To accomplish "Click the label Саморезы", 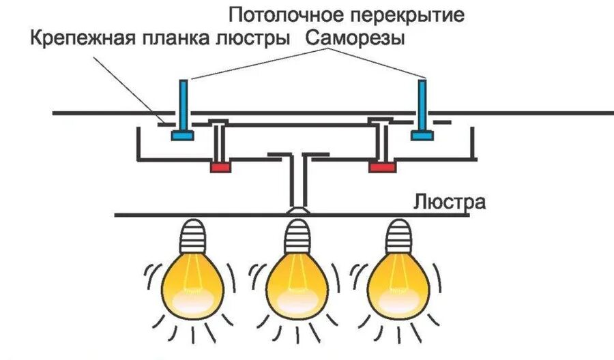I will coord(355,37).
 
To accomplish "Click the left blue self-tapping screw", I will coord(183,109).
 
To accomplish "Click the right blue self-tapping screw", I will coord(422,109).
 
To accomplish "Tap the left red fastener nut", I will coord(220,167).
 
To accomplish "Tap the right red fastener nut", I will coord(382,167).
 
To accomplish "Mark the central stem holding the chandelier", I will coord(297,181).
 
